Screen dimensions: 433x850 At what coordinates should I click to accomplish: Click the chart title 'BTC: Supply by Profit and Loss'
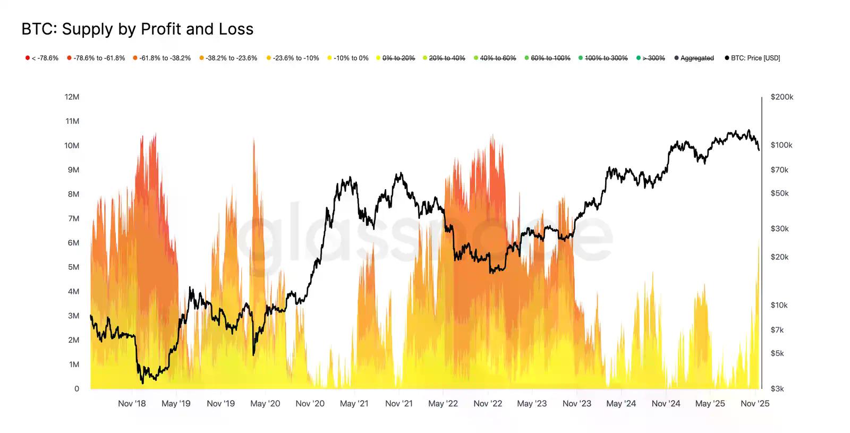137,29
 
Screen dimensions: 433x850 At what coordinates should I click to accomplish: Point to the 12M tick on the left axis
72,97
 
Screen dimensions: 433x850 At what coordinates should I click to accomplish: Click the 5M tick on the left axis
73,267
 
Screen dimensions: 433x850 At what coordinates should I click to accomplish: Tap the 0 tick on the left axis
76,389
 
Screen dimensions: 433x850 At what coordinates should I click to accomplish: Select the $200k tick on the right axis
781,97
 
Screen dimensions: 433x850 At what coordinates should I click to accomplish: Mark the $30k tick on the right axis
779,228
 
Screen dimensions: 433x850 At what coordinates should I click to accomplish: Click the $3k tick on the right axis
777,389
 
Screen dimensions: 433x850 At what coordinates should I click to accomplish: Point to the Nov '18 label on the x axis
132,404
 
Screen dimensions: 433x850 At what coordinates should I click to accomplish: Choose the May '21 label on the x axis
354,404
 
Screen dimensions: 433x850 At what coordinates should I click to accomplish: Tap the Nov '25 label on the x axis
755,404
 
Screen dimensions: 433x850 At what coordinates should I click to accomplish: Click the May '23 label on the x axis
532,404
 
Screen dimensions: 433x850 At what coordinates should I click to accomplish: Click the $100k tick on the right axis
781,145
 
